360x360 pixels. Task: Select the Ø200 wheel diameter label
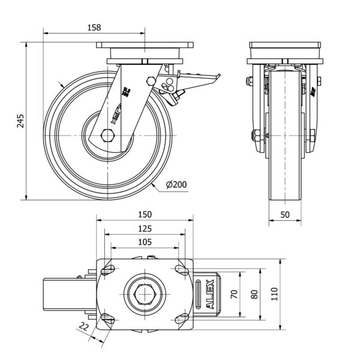tap(175, 185)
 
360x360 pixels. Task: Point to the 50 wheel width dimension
tap(284, 214)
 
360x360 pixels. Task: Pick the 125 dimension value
tap(144, 229)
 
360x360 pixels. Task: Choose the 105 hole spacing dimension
tap(144, 242)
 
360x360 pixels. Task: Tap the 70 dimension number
tap(235, 293)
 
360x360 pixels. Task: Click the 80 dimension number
tap(254, 293)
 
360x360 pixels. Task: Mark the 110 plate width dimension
tap(275, 293)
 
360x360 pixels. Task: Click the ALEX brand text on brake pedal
tap(210, 295)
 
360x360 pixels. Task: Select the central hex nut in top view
tap(144, 294)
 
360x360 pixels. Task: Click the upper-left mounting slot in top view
tap(107, 270)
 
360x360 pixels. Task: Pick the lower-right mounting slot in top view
tap(181, 319)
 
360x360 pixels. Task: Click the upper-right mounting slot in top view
tap(181, 270)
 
